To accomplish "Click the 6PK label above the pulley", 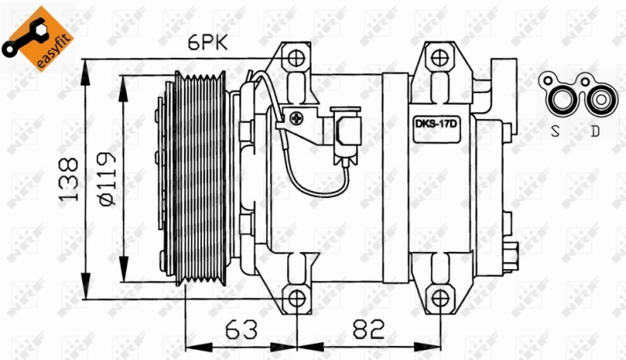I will pyautogui.click(x=207, y=44).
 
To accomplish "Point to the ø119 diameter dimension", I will pyautogui.click(x=107, y=178).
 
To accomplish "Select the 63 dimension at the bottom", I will pyautogui.click(x=242, y=331).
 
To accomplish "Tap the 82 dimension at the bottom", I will pyautogui.click(x=369, y=331).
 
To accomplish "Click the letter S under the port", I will pyautogui.click(x=556, y=131).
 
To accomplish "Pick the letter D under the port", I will pyautogui.click(x=595, y=131).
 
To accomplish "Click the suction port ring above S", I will pyautogui.click(x=561, y=100).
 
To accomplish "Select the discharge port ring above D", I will pyautogui.click(x=599, y=100).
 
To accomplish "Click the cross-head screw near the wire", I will pyautogui.click(x=297, y=119).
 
